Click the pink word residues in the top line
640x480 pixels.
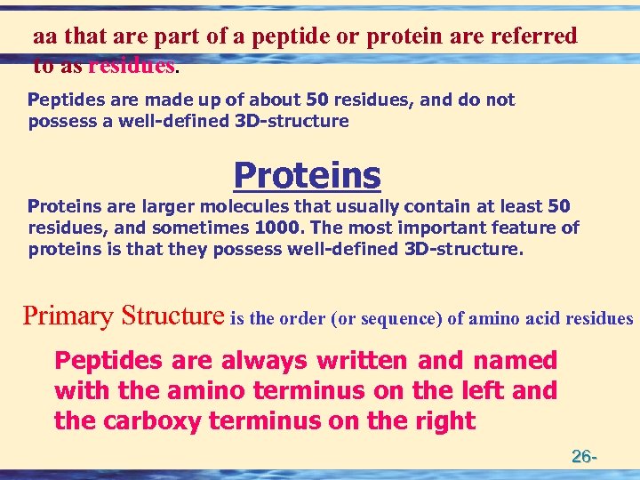[131, 65]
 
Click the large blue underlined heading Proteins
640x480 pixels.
[307, 175]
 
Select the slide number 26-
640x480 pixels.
[584, 457]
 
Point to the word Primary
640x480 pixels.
[68, 316]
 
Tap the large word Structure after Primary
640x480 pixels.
[172, 316]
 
